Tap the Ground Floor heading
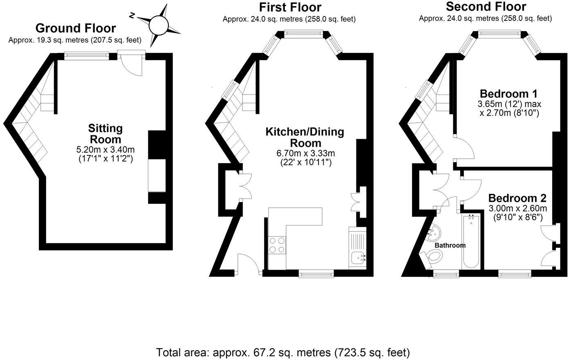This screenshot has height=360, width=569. point(76,28)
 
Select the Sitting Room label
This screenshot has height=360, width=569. point(105,134)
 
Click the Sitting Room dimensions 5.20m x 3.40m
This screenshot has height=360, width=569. point(106,150)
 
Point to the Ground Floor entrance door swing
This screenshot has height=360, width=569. point(132,64)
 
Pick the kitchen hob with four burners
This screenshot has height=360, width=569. point(277,245)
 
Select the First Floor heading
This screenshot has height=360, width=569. point(290,7)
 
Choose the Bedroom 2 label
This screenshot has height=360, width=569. point(517,198)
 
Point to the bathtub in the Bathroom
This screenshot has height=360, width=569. point(471,241)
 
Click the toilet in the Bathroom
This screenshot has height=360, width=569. point(435,257)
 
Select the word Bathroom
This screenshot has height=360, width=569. point(450,245)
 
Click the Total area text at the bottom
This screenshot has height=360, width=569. point(283,352)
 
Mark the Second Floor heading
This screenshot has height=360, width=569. point(486,7)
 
